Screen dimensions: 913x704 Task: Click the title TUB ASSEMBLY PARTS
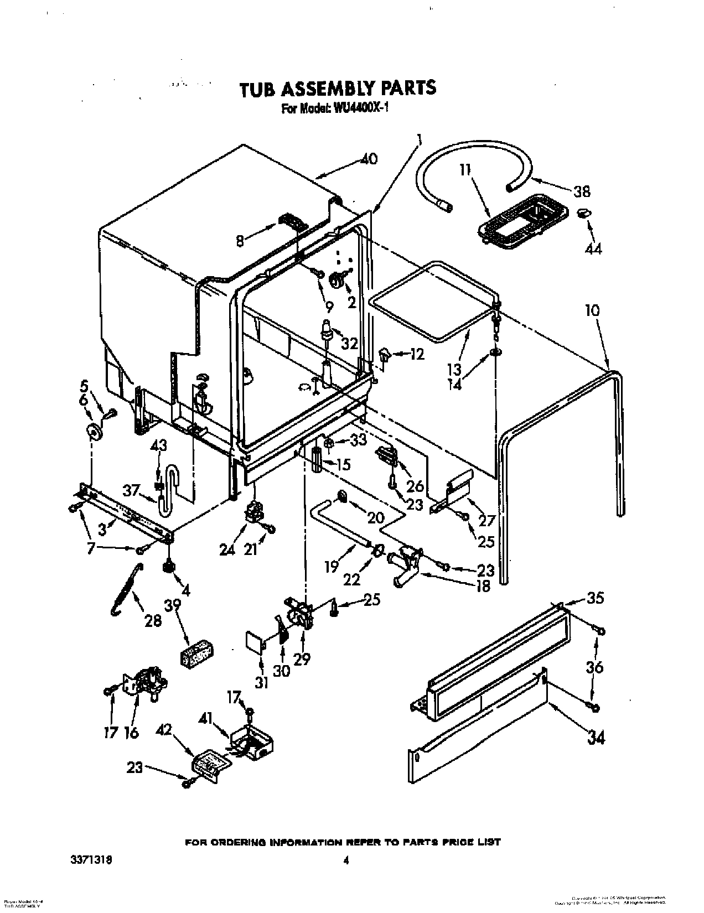point(337,89)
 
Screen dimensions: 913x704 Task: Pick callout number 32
point(349,344)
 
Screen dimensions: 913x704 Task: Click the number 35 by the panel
point(595,598)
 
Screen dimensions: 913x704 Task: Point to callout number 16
point(131,732)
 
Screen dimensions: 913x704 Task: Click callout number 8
point(240,240)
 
